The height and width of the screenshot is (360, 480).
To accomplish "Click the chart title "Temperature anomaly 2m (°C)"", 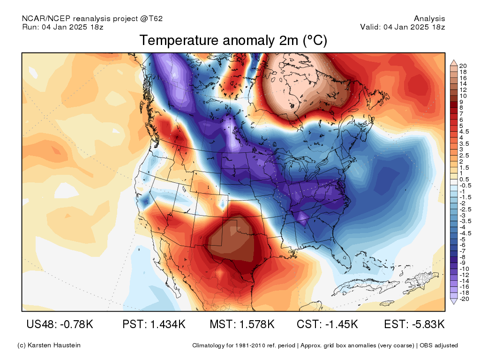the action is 233,40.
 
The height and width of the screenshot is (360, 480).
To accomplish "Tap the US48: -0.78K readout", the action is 60,324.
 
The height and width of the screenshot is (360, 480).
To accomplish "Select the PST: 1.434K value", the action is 154,324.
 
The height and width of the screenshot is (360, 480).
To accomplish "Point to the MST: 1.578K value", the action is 242,324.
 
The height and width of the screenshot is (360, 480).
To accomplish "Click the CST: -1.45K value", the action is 327,324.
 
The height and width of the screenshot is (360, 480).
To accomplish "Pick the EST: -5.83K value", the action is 414,324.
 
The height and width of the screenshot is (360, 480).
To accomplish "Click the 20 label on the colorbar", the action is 463,66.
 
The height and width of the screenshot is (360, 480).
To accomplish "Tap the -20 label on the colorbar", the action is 464,299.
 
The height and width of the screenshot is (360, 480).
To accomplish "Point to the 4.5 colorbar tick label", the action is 464,132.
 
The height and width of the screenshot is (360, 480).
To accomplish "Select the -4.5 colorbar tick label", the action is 465,233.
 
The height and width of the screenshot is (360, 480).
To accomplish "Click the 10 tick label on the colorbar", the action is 463,96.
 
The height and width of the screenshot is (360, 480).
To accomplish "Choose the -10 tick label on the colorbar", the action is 464,269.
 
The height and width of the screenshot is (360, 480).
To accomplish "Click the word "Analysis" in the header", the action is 429,19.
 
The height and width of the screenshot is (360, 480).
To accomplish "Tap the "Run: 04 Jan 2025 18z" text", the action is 63,27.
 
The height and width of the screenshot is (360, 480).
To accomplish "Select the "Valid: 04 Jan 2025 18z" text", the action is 403,27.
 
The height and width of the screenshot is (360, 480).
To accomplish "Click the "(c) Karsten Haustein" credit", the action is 49,345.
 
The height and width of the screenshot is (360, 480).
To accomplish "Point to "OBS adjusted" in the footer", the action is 439,345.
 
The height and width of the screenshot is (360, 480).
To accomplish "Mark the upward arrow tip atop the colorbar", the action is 454,60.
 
